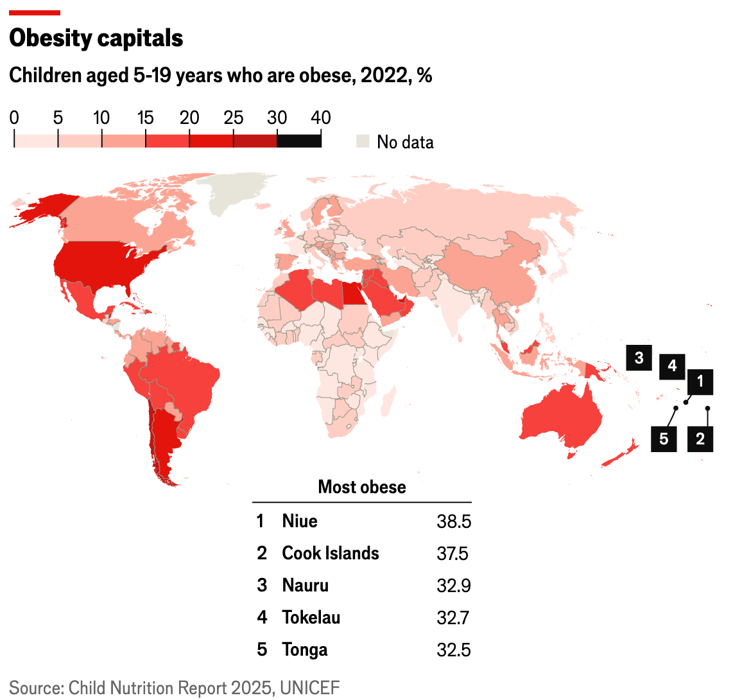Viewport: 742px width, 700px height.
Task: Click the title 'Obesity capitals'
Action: [96, 39]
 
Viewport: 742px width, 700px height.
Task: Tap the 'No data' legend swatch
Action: [363, 141]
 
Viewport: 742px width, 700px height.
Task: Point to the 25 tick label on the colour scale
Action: [234, 118]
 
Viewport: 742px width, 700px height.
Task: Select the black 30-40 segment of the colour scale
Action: [299, 139]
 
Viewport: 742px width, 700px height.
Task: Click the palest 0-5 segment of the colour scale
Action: [36, 139]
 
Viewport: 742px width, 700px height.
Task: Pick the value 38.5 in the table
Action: [454, 521]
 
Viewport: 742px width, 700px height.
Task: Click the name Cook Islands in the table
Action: [331, 554]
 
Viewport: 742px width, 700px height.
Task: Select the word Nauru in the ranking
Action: [306, 586]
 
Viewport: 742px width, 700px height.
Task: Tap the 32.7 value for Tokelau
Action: [453, 618]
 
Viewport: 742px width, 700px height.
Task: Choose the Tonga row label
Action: [305, 650]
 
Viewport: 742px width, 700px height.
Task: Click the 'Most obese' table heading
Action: [362, 487]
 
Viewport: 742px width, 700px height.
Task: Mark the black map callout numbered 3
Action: [639, 357]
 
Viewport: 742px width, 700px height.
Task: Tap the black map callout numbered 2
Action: [700, 439]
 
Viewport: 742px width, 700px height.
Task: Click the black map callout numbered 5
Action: [664, 439]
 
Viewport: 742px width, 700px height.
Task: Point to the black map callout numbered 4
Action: [672, 366]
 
